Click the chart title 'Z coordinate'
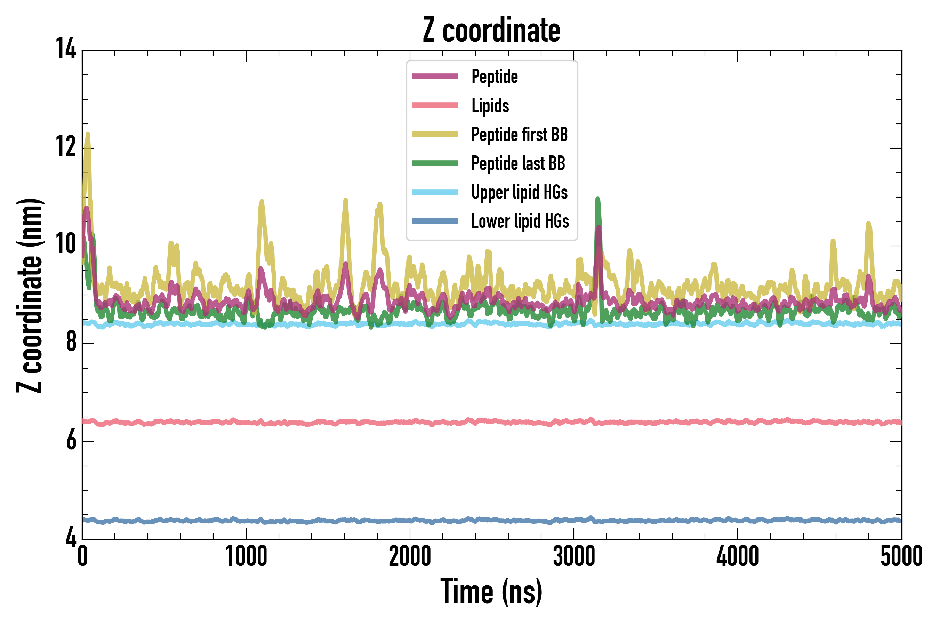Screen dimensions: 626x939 point(491,30)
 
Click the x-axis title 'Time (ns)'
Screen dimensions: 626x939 point(491,592)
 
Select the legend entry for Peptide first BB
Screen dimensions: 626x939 point(519,135)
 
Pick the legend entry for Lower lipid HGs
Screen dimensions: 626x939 point(520,221)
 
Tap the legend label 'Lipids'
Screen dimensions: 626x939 point(490,106)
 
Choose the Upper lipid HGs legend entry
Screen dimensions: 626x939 point(519,192)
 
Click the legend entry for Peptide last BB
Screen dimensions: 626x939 point(518,163)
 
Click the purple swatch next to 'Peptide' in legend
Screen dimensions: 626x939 point(435,76)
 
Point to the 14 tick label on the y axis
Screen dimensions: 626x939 point(65,49)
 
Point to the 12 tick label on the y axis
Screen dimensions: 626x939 point(65,147)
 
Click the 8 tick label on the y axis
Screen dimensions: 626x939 point(71,343)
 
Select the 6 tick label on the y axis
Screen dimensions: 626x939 point(71,440)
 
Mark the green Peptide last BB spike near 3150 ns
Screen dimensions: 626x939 point(597,200)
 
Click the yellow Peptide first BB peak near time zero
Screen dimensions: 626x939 point(87,135)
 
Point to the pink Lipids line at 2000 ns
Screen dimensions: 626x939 point(410,422)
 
